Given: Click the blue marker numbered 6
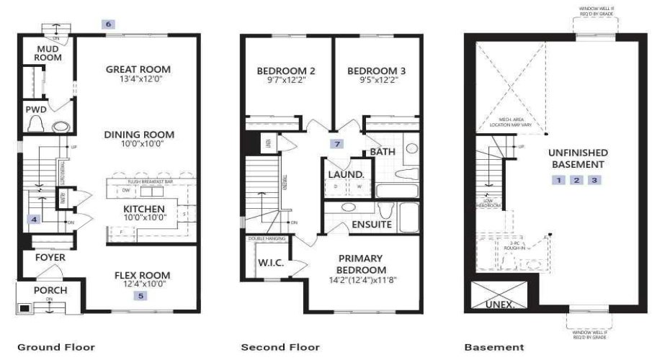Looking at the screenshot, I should [109, 24].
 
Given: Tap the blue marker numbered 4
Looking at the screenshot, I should [32, 219].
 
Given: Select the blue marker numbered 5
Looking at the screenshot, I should [141, 295].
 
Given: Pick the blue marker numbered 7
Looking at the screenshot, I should [336, 143].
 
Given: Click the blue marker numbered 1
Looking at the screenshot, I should [559, 180].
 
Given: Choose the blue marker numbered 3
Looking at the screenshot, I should [594, 180].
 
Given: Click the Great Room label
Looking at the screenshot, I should [138, 70].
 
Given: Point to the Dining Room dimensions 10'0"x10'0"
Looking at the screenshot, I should [139, 144].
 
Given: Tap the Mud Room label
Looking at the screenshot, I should [49, 53].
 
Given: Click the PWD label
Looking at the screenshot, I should [36, 110].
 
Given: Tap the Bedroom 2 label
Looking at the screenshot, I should [286, 71].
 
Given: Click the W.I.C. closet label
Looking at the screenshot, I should [271, 263].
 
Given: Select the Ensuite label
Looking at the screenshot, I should [372, 225].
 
